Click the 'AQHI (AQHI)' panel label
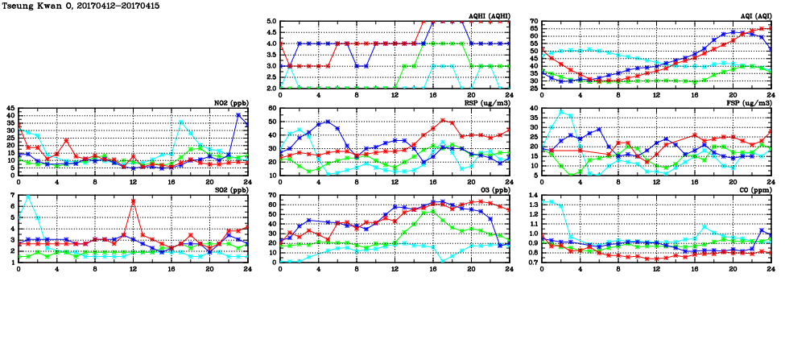[x=490, y=15]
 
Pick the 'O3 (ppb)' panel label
[x=493, y=190]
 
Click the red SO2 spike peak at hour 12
[x=133, y=201]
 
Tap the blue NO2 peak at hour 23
[x=238, y=114]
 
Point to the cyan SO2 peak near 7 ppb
[x=28, y=197]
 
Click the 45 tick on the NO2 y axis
[x=10, y=109]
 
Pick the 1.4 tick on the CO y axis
[x=533, y=196]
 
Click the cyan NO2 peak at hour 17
[x=181, y=122]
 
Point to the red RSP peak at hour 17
[x=443, y=121]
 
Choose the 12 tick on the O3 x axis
[x=395, y=269]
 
